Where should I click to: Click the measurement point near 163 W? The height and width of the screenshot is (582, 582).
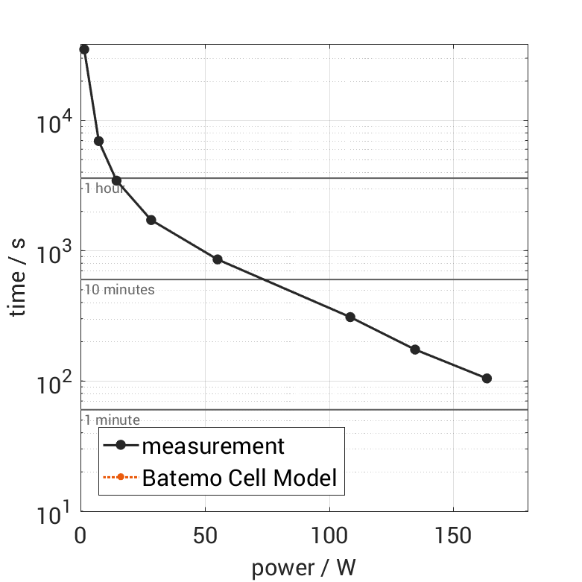click(487, 379)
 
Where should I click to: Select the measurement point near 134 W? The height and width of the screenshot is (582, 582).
click(415, 349)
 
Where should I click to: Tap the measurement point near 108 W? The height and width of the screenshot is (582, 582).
click(350, 317)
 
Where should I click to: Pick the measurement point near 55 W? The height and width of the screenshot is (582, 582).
click(218, 259)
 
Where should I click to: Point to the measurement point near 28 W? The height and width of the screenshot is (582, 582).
click(151, 220)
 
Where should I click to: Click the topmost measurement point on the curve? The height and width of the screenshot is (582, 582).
click(84, 49)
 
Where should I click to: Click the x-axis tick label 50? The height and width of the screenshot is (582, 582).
click(205, 534)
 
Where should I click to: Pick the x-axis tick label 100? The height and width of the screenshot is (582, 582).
click(329, 534)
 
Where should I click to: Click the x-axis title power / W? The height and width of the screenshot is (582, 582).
click(303, 568)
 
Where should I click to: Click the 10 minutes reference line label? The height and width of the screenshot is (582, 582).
click(119, 290)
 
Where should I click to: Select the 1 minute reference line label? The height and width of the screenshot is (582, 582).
click(112, 420)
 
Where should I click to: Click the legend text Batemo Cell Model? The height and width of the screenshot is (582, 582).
click(240, 477)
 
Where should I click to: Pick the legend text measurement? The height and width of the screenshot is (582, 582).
click(213, 446)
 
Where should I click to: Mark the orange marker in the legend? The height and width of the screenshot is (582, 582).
click(120, 477)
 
